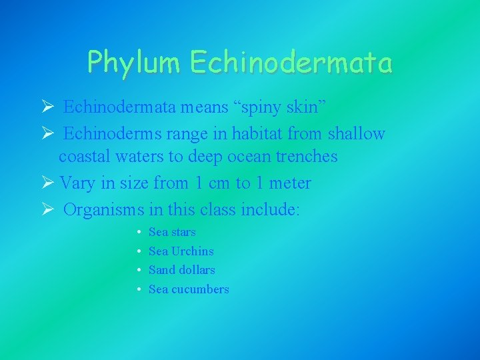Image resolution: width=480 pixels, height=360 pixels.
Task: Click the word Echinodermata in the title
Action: point(291,63)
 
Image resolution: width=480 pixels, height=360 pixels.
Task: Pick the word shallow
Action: point(356,134)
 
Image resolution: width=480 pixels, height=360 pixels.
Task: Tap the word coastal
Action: point(90,157)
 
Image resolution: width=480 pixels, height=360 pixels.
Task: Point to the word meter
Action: point(288,183)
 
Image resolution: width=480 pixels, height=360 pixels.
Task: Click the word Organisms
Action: point(104,210)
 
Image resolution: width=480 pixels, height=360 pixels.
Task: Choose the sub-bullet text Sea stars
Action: point(172,232)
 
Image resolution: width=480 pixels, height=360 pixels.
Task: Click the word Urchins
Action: point(193,251)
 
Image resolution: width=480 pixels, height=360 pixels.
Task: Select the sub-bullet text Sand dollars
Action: point(181,270)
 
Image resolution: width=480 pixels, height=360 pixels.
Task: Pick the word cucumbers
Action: point(200,289)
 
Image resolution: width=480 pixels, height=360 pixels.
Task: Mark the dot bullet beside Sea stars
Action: point(137,232)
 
